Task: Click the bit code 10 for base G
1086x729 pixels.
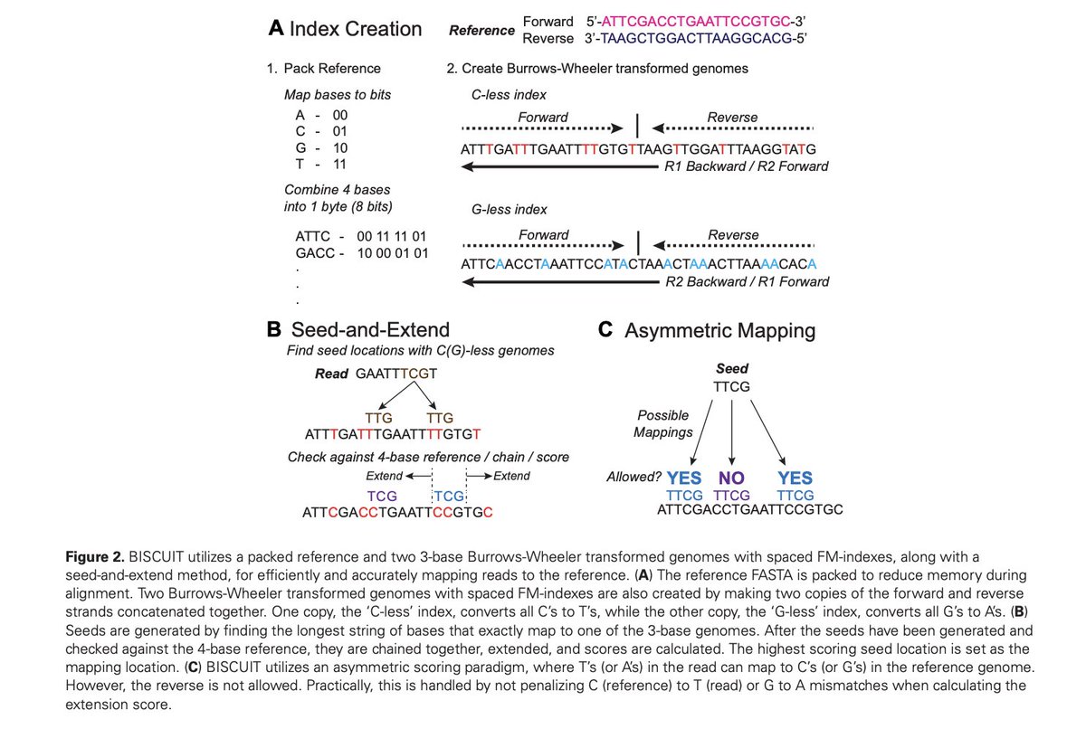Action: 339,147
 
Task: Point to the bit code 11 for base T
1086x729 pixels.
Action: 339,164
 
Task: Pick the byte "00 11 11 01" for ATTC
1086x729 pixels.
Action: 392,235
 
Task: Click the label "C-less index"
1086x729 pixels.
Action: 509,95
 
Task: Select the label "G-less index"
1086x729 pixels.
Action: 510,210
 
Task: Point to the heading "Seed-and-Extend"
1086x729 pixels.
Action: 370,331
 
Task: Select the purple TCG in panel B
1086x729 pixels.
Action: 382,497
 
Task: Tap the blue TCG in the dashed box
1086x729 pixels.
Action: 450,497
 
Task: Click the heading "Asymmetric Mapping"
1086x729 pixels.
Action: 719,331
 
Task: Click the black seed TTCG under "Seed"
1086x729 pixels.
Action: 733,385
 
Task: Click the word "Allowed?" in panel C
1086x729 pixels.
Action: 633,478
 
